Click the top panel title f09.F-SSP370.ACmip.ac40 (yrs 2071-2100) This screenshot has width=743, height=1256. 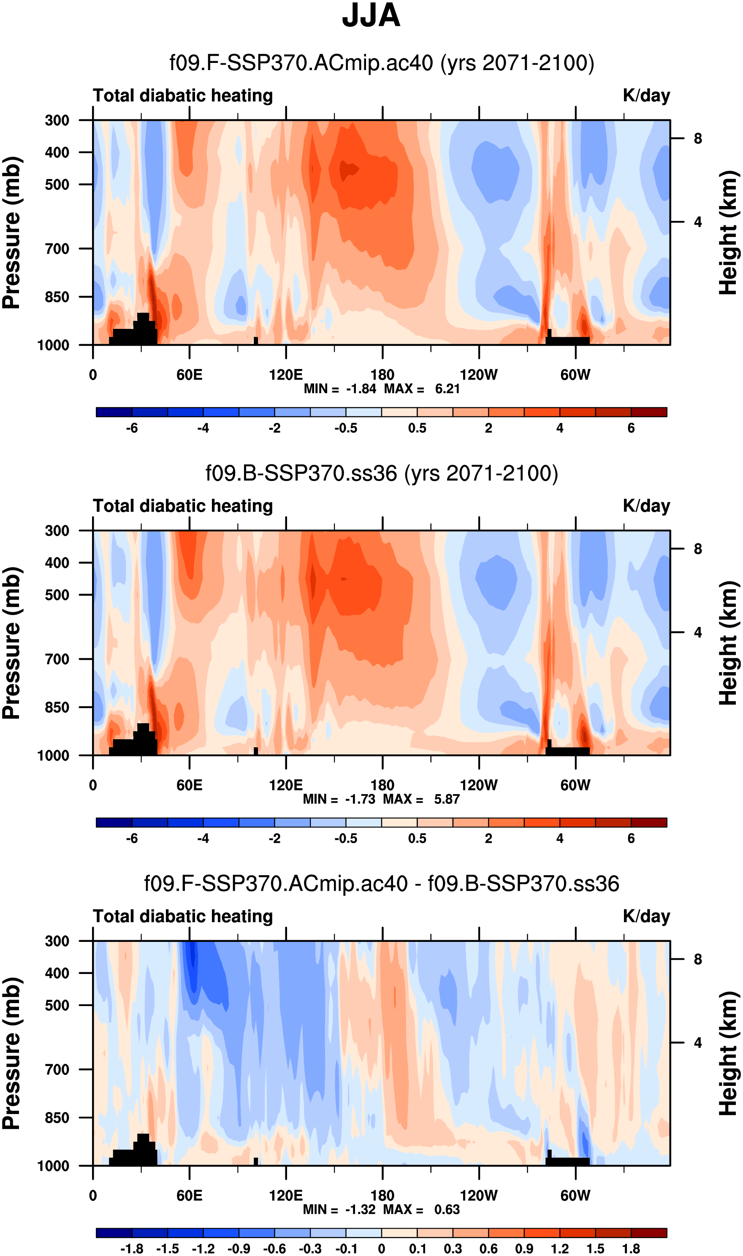pyautogui.click(x=382, y=63)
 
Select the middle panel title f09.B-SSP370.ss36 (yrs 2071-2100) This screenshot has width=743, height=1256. pyautogui.click(x=382, y=473)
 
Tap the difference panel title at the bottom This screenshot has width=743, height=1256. pyautogui.click(x=382, y=884)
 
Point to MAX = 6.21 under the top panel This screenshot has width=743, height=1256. pyautogui.click(x=422, y=389)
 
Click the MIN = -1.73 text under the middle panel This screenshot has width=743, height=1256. pyautogui.click(x=339, y=799)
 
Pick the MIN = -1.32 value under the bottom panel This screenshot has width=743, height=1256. pyautogui.click(x=339, y=1210)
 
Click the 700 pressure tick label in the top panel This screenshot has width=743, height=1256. pyautogui.click(x=57, y=248)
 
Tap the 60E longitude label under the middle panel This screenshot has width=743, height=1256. pyautogui.click(x=189, y=785)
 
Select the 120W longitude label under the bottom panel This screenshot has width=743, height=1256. pyautogui.click(x=479, y=1196)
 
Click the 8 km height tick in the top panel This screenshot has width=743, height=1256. pyautogui.click(x=698, y=138)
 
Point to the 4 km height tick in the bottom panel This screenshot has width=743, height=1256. pyautogui.click(x=698, y=1043)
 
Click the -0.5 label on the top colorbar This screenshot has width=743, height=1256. pyautogui.click(x=345, y=428)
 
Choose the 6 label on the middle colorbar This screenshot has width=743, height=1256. pyautogui.click(x=631, y=838)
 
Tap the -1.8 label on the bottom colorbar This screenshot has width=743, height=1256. pyautogui.click(x=132, y=1248)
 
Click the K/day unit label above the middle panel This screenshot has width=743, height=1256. pyautogui.click(x=646, y=506)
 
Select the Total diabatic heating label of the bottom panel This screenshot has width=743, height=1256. pyautogui.click(x=183, y=916)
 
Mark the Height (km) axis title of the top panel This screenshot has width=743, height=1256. pyautogui.click(x=729, y=232)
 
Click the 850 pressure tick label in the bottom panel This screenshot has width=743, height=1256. pyautogui.click(x=57, y=1118)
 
